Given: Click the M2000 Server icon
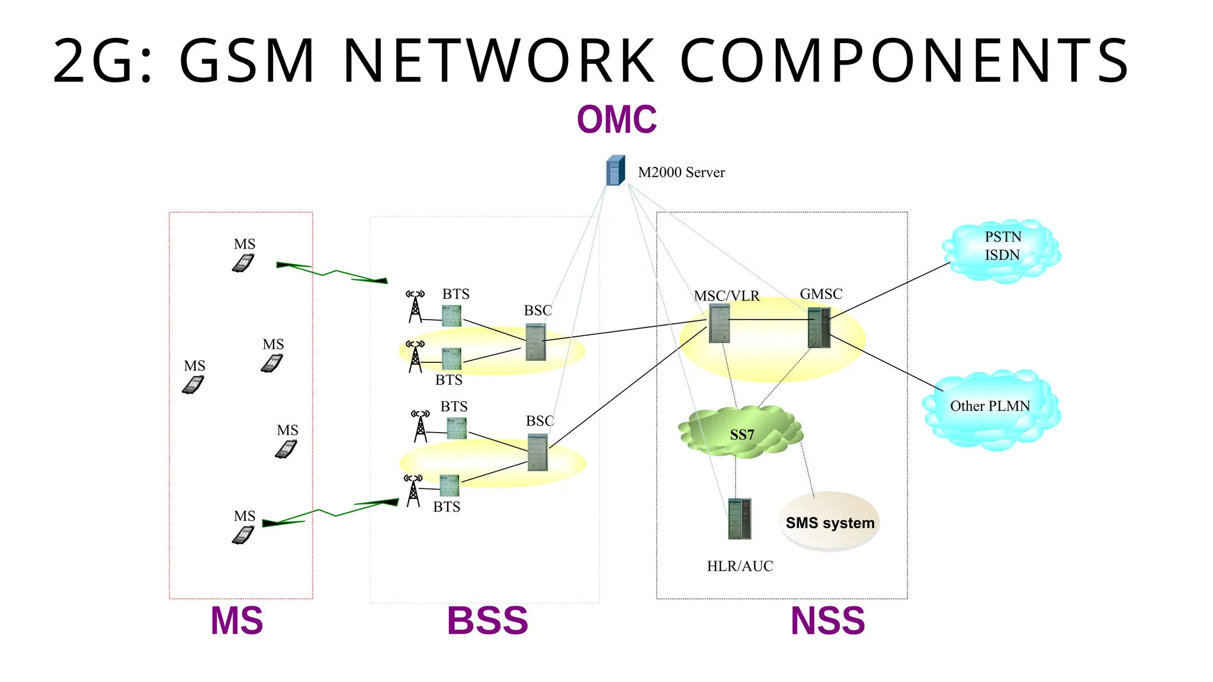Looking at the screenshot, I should coord(615,170).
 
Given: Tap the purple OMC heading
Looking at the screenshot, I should coord(617,119).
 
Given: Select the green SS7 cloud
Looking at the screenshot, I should coord(741,432).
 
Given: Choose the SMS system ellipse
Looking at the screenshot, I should coord(829,521).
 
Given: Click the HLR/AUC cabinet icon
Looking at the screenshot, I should coord(739,519).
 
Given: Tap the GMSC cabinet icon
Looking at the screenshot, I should coord(819,327).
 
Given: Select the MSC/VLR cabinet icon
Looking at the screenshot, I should coord(719,323).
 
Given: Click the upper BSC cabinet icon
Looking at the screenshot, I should coord(535,342).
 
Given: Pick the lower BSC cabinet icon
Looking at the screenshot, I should coord(537,452).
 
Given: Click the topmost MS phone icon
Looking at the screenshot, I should coord(243,263).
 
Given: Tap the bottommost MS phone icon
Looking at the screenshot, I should coord(243,535).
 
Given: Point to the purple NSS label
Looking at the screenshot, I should coord(827,620).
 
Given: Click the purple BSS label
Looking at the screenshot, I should coord(487,620).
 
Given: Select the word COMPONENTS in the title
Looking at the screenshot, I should coord(904,60).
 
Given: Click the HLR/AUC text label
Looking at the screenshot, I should coord(740,566).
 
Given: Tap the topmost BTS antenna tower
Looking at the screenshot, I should coord(415,306).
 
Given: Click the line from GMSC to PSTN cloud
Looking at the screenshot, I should coord(888,291).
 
